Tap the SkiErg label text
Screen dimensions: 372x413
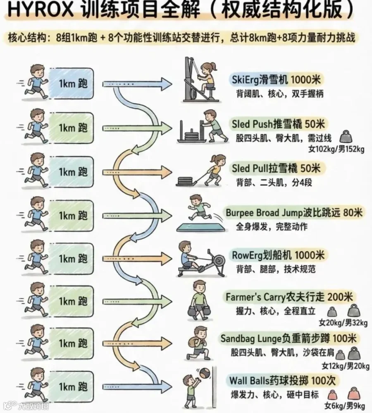(276, 79)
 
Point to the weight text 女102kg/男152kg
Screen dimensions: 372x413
(336, 149)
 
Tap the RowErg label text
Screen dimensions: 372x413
(278, 255)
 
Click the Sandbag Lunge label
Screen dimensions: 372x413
(289, 339)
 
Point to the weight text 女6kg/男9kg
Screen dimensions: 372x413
(345, 406)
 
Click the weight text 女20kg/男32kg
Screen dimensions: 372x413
(343, 323)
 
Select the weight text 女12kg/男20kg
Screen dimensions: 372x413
(346, 366)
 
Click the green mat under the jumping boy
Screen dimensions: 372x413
(202, 227)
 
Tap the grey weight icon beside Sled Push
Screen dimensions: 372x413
(346, 137)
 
